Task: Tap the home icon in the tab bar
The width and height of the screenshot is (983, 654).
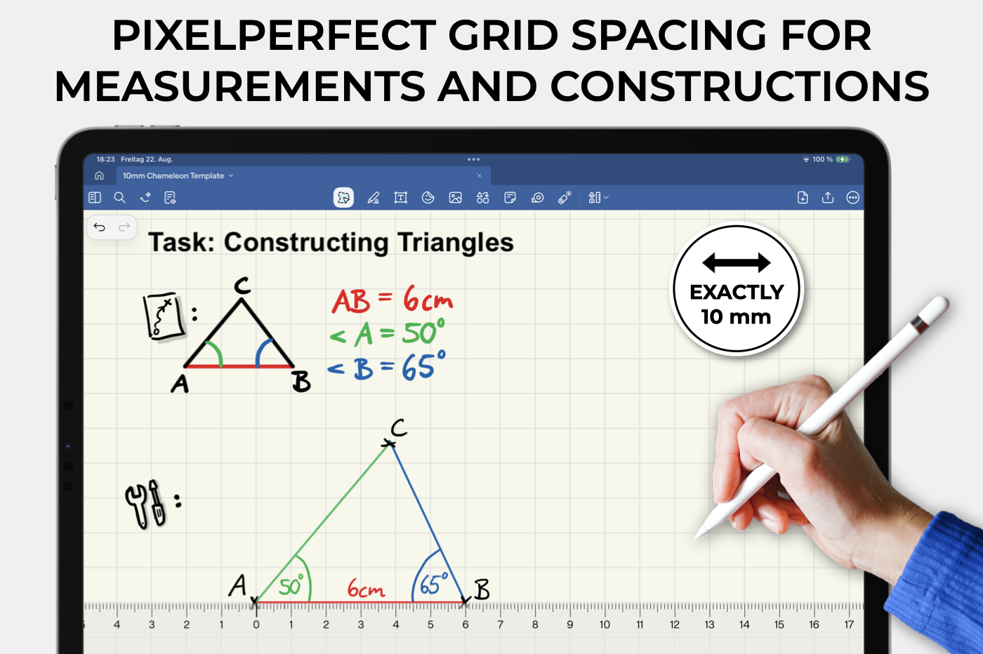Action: (99, 175)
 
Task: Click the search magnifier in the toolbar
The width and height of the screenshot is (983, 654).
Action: (119, 197)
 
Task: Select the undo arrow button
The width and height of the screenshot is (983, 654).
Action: (100, 227)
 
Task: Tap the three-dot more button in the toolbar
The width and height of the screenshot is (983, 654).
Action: (852, 198)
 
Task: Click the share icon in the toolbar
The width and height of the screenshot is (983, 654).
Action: (828, 197)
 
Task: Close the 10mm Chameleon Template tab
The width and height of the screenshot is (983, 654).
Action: (479, 175)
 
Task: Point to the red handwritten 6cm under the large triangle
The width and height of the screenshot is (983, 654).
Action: (366, 589)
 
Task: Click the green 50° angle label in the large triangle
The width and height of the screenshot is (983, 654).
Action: (291, 585)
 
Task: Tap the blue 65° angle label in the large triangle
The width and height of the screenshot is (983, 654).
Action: (434, 583)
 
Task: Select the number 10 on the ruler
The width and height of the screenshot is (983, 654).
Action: (605, 625)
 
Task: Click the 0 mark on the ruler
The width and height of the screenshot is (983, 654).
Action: (256, 625)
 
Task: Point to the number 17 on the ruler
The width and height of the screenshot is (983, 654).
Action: (849, 625)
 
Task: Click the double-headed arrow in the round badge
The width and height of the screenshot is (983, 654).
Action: (737, 262)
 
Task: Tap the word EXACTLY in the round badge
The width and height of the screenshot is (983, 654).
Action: (737, 292)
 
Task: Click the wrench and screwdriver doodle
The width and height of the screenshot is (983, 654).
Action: (146, 505)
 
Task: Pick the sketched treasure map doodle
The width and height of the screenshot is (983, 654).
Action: (163, 316)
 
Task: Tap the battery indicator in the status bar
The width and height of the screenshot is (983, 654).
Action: (843, 159)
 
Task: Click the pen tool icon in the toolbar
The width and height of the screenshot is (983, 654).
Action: (374, 198)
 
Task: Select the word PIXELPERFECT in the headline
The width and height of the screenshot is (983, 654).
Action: (274, 36)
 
